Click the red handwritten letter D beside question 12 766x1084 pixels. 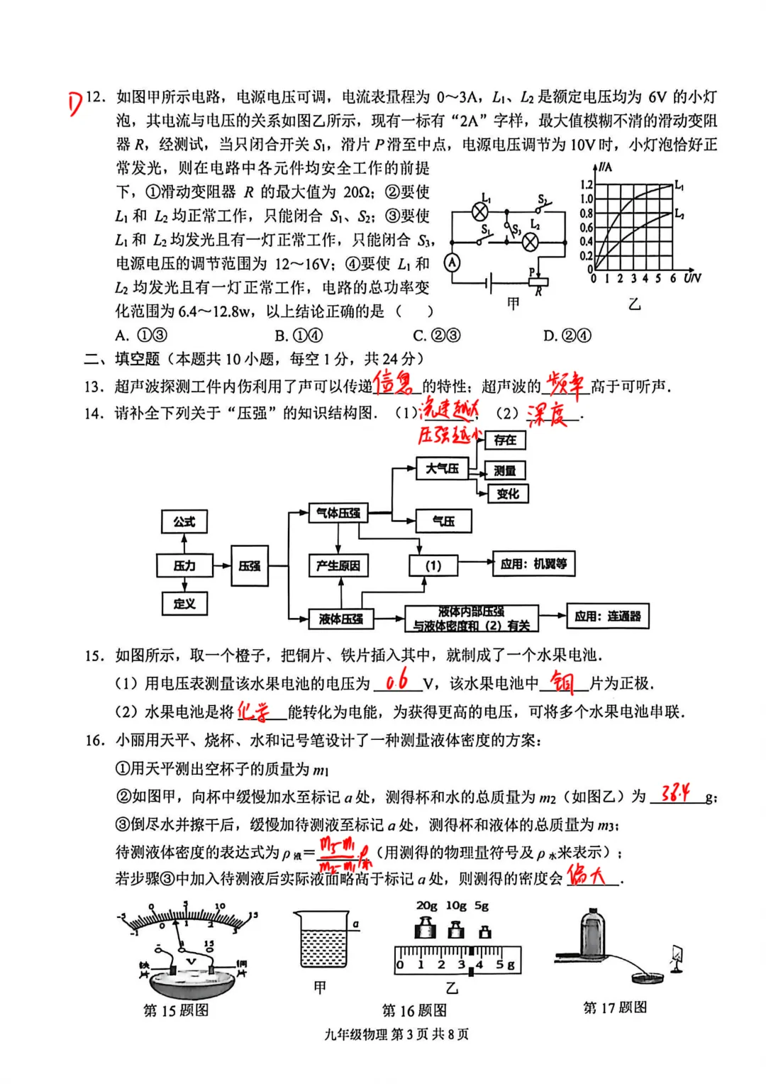(76, 104)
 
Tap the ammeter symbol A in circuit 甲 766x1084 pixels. (452, 262)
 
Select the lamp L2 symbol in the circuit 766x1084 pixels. (531, 242)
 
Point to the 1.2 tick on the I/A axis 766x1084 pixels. (587, 185)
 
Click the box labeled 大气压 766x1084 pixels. (442, 468)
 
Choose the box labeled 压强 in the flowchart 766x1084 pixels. (249, 565)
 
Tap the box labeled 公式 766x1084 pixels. (184, 521)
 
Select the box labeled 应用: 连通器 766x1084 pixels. (607, 616)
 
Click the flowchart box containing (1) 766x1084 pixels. (433, 565)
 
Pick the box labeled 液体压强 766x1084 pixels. (340, 619)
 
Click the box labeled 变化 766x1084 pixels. (508, 494)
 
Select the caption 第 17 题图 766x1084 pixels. (614, 1007)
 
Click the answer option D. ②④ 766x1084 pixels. (567, 336)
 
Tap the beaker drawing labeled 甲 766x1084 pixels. (323, 941)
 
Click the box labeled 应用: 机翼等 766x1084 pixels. (533, 564)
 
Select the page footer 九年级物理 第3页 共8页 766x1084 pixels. (396, 1034)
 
